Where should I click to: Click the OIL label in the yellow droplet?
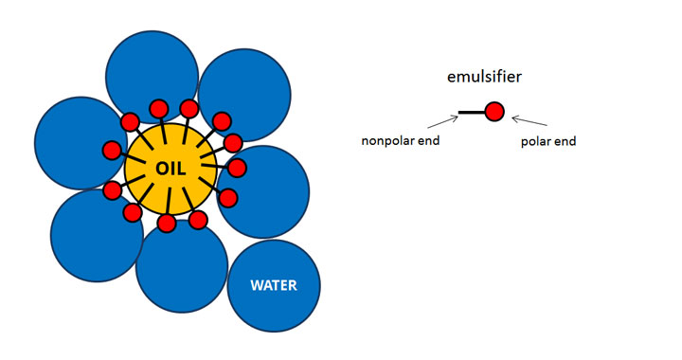(x=170, y=169)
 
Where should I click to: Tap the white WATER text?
(x=274, y=286)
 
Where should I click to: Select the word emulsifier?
(x=484, y=77)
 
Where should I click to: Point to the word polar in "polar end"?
(x=536, y=141)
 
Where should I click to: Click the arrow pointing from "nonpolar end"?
(x=442, y=122)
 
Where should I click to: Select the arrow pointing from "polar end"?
(x=529, y=121)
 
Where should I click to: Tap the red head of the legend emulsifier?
(x=494, y=112)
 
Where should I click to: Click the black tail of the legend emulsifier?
(x=472, y=112)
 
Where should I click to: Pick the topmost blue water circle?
(x=153, y=77)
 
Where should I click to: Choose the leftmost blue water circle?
(x=81, y=143)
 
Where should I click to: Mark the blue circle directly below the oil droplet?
(x=182, y=266)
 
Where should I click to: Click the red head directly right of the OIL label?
(x=237, y=168)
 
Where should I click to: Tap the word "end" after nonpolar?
(x=430, y=141)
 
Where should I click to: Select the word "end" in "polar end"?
(x=565, y=141)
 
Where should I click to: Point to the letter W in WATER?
(x=256, y=286)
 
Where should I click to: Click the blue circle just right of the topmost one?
(x=244, y=95)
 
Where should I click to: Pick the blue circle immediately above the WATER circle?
(x=263, y=191)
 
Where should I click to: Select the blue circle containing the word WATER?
(x=274, y=286)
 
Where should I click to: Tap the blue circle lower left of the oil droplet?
(x=97, y=235)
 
